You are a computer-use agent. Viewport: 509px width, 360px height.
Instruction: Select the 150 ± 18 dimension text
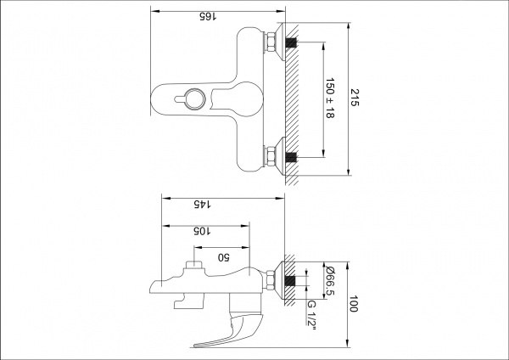pyautogui.click(x=330, y=100)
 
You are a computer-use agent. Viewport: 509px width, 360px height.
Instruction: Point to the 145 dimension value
pyautogui.click(x=200, y=204)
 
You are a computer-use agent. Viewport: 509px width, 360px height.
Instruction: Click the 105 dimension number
pyautogui.click(x=201, y=230)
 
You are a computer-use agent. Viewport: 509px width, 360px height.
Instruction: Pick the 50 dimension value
pyautogui.click(x=224, y=256)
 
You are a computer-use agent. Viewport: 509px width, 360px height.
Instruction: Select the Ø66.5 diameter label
pyautogui.click(x=330, y=280)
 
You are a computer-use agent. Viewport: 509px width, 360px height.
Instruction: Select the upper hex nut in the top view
pyautogui.click(x=272, y=42)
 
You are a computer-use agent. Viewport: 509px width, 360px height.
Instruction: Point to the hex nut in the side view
pyautogui.click(x=272, y=279)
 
